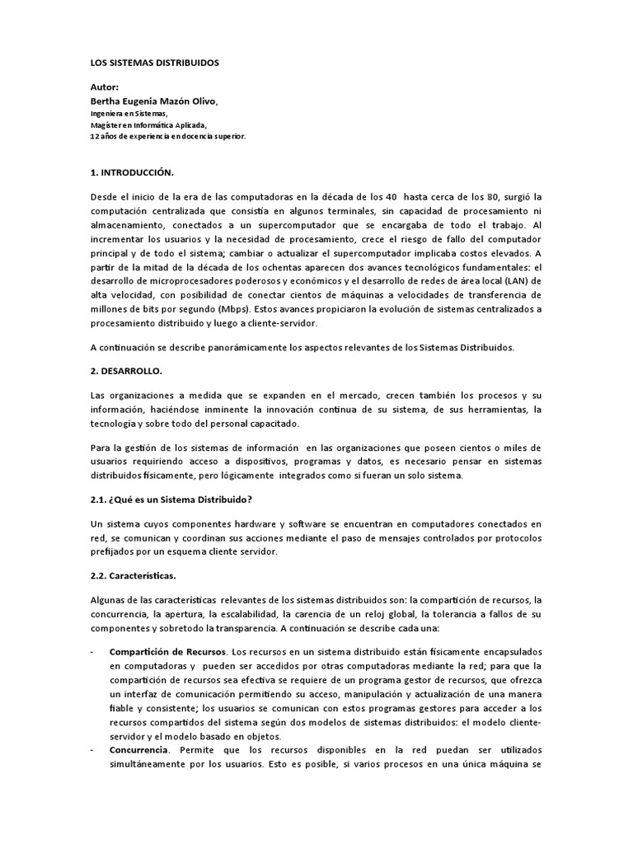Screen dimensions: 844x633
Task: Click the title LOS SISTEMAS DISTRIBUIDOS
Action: [154, 63]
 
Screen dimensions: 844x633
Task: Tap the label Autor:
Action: [105, 87]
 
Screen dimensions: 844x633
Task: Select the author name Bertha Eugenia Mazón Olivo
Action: [154, 101]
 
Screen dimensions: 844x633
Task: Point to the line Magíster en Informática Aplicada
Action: [148, 124]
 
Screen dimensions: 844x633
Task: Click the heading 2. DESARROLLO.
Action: [126, 371]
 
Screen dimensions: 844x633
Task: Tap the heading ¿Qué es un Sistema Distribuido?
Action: [181, 501]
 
